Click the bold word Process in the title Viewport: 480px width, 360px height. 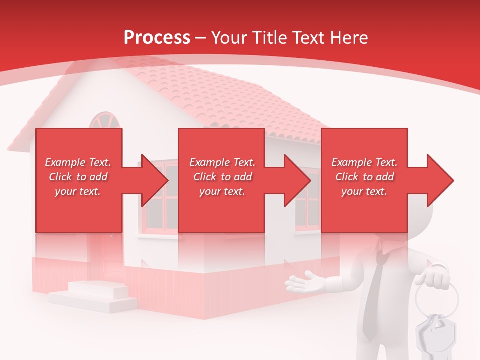click(157, 38)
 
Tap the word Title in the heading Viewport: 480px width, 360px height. click(269, 38)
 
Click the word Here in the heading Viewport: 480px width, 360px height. click(348, 38)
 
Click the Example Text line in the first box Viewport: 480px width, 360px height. click(78, 162)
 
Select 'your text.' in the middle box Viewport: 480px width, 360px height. click(222, 191)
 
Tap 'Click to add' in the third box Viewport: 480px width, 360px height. click(364, 177)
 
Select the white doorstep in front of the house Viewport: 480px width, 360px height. click(95, 295)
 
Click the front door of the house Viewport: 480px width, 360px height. click(107, 255)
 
